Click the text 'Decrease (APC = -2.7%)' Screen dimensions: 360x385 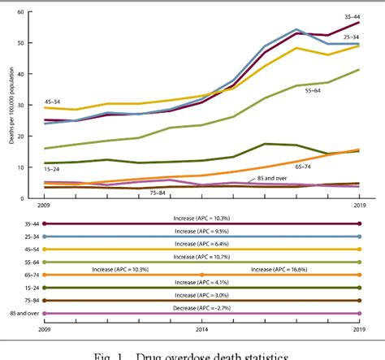(201, 307)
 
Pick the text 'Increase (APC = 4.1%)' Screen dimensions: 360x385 (201, 281)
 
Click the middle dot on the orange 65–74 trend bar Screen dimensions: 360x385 (201, 275)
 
